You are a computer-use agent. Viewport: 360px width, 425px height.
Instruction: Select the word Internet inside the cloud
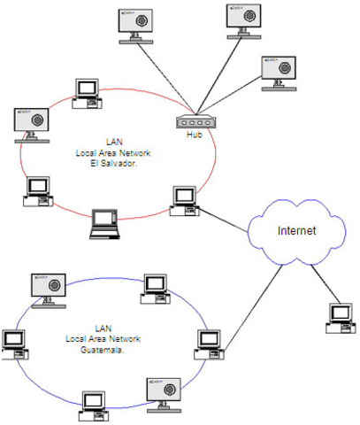[x=296, y=231]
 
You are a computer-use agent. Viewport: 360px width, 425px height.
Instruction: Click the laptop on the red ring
[x=105, y=224]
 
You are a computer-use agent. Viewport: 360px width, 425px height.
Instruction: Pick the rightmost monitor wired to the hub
[x=280, y=71]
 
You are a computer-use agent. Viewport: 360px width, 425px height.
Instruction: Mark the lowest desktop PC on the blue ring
[x=91, y=402]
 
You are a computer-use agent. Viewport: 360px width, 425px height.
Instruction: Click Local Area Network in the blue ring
[x=102, y=339]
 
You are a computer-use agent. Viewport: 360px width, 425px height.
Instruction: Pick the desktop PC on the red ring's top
[x=86, y=89]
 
